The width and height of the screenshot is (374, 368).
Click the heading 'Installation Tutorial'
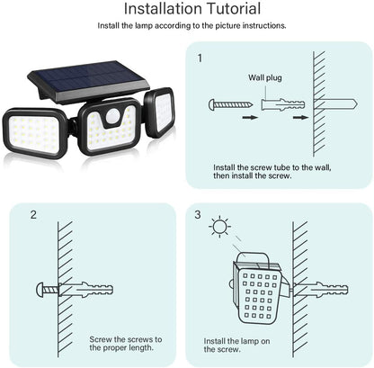pos(192,10)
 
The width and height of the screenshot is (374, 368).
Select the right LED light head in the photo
pos(159,112)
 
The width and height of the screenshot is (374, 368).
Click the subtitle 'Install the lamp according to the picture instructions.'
pos(191,27)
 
